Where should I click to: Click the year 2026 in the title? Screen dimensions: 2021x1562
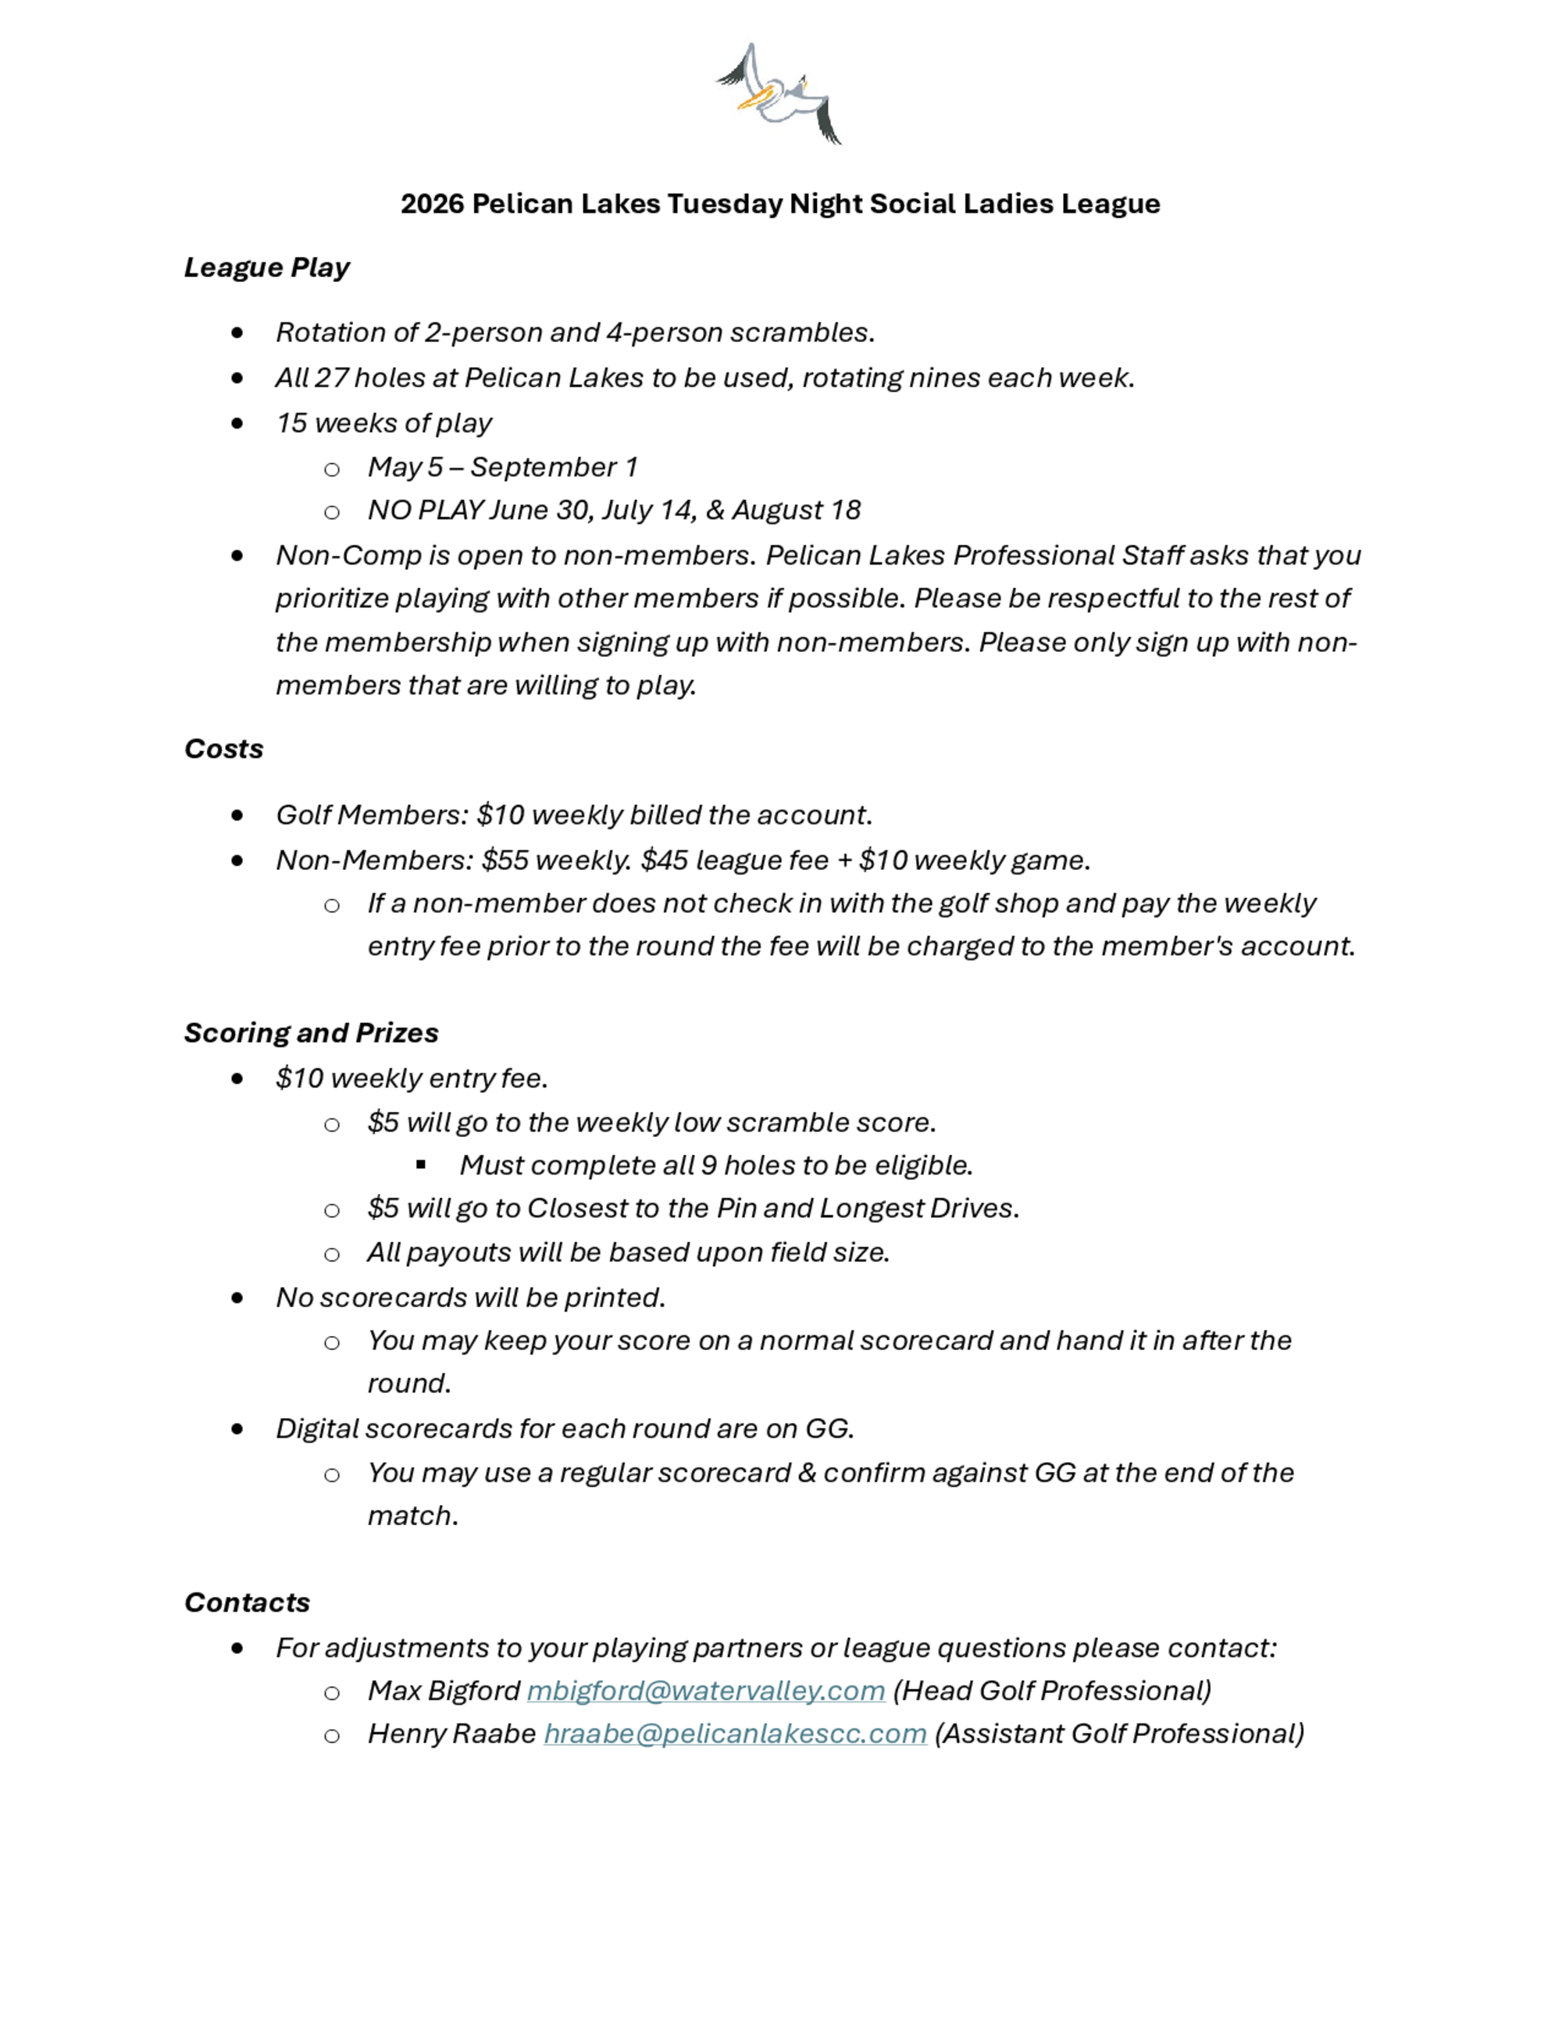[x=432, y=204]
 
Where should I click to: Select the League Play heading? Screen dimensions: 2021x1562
[x=266, y=267]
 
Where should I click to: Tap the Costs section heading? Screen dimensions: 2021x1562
[x=224, y=749]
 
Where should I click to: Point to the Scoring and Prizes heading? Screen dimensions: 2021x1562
[x=311, y=1032]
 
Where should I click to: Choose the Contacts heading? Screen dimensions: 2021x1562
[x=247, y=1602]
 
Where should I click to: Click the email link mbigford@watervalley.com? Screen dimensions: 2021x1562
[x=706, y=1691]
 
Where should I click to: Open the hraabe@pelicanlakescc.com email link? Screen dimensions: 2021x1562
[x=735, y=1733]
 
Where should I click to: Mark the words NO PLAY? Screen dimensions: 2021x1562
[x=426, y=510]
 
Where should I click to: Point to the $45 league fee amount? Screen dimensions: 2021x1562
[x=665, y=860]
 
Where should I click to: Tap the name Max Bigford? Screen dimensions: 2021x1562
[x=444, y=1691]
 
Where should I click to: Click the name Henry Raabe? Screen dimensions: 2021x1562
[x=451, y=1733]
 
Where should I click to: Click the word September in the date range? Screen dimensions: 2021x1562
[x=543, y=467]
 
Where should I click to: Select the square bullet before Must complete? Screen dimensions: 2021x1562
[x=421, y=1165]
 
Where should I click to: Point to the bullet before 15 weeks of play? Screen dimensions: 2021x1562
[x=238, y=423]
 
